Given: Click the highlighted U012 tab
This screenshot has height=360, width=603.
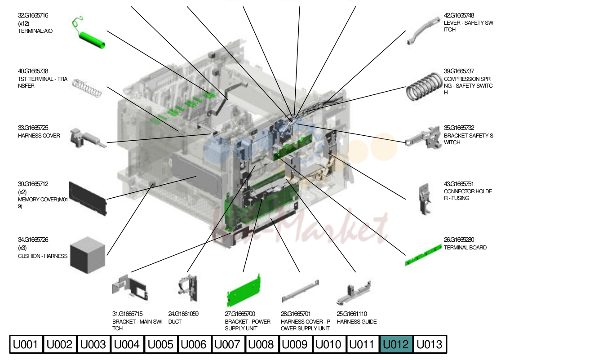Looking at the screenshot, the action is point(396,344).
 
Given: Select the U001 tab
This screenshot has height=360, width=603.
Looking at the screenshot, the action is point(26,344).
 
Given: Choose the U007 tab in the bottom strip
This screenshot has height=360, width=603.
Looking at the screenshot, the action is point(228,344).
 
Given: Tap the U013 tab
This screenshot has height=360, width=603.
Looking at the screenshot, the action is point(430,344).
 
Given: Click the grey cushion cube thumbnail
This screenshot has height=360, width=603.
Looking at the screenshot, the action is point(88,255).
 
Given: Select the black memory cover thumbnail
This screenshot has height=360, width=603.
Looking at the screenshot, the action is point(88,199).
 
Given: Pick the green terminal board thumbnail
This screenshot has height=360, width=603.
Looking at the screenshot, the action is point(423,255).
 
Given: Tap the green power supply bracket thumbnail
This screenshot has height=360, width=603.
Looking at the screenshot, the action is point(244,291).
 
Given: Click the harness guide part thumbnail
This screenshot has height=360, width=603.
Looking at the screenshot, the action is point(354,293).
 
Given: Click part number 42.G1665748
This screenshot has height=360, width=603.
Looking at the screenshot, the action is point(459,16).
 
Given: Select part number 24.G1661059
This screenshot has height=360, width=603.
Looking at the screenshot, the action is point(183,314).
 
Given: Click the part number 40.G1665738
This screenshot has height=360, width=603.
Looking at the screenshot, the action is point(33,71).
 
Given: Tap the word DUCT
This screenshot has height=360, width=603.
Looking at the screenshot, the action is point(175,322).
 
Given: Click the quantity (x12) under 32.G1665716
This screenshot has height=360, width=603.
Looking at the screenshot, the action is point(24,24).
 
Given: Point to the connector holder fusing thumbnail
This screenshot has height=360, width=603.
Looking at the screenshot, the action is point(425,199).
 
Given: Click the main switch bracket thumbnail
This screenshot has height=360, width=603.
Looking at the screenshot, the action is point(130,288).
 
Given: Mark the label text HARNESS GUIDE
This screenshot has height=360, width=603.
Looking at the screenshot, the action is point(357,322).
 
